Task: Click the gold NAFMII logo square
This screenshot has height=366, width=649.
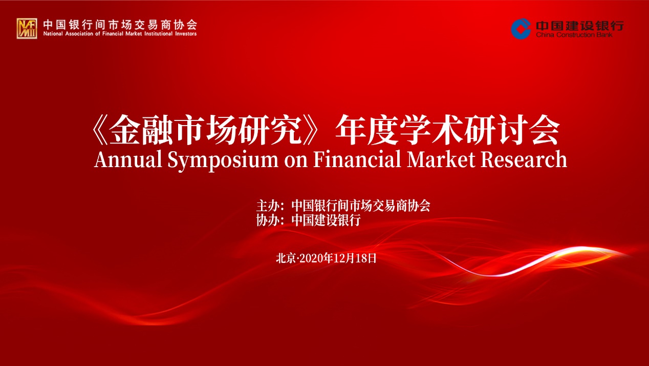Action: pyautogui.click(x=27, y=28)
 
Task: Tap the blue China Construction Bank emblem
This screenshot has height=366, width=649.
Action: pyautogui.click(x=521, y=29)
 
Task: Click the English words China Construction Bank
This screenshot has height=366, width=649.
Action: pyautogui.click(x=574, y=35)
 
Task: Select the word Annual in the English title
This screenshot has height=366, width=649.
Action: pyautogui.click(x=128, y=159)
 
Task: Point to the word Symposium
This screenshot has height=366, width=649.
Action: pyautogui.click(x=223, y=160)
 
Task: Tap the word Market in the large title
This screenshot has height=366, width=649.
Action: pyautogui.click(x=441, y=159)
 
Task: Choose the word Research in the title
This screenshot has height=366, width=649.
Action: pyautogui.click(x=524, y=159)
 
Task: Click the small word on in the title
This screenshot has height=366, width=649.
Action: pyautogui.click(x=296, y=161)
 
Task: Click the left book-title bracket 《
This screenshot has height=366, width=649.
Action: pyautogui.click(x=100, y=130)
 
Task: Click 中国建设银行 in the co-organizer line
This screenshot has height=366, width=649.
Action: pyautogui.click(x=326, y=220)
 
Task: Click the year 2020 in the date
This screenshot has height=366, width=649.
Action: pyautogui.click(x=311, y=258)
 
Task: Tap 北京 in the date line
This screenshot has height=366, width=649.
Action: pyautogui.click(x=286, y=258)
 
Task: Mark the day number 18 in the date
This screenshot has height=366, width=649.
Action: pyautogui.click(x=361, y=258)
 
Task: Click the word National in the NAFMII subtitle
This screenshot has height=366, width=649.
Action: pyautogui.click(x=53, y=34)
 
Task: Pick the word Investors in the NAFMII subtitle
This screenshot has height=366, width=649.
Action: pyautogui.click(x=186, y=34)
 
